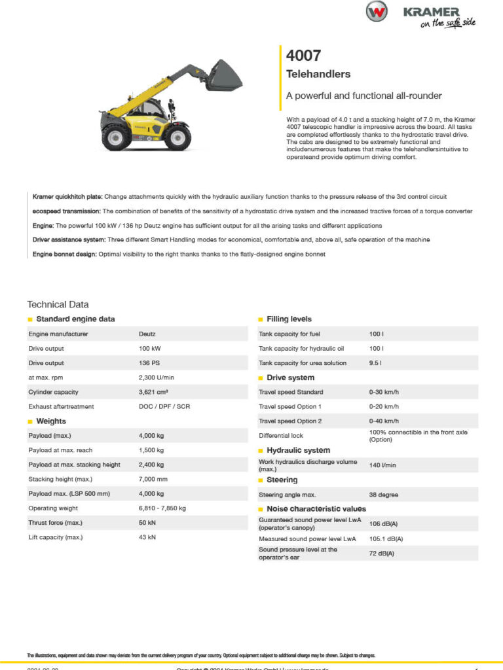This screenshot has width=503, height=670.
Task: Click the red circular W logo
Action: (377, 11)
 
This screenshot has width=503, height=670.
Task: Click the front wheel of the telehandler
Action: (177, 137)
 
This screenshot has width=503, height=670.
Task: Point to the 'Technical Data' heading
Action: (58, 304)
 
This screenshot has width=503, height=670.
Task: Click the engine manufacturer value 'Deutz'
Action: (147, 334)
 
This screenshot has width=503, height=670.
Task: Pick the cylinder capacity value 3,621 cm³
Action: (153, 392)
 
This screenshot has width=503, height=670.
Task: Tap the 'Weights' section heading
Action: (51, 421)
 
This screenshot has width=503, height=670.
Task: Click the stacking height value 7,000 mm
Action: (153, 479)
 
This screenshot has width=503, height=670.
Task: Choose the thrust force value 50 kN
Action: (147, 523)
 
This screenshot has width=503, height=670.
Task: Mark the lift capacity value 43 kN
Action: (147, 537)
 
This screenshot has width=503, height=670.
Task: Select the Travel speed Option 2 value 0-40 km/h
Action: (384, 421)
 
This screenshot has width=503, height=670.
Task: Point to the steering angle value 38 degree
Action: (384, 495)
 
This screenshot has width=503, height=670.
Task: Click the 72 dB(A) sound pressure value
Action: (382, 554)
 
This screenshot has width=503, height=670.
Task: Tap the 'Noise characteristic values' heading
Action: (316, 508)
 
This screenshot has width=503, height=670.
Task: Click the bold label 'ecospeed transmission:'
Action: (67, 211)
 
